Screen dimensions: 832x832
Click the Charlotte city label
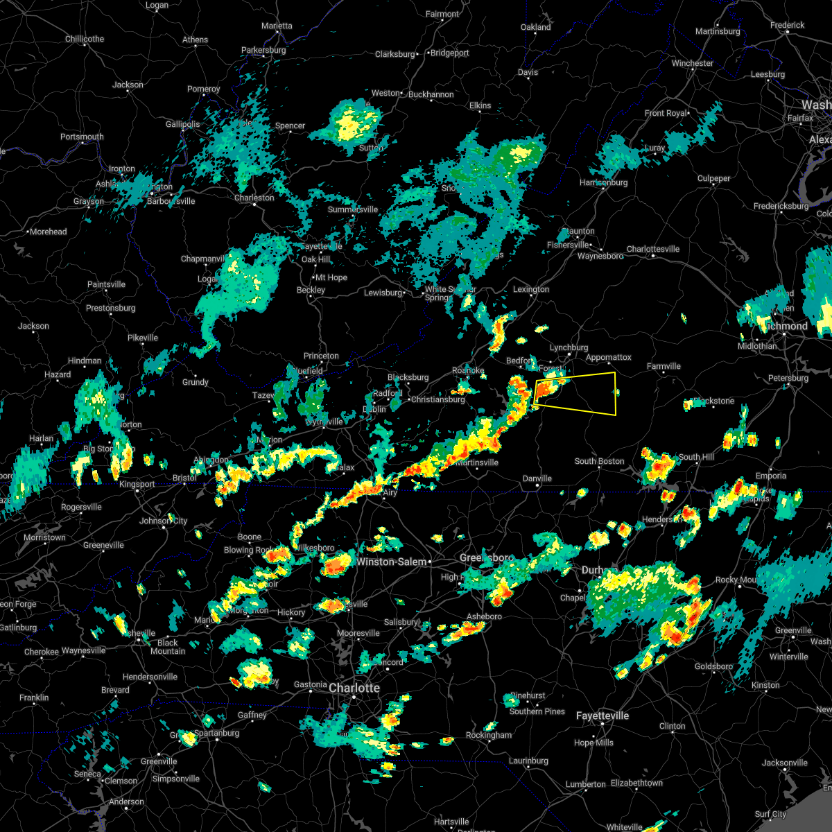(354, 688)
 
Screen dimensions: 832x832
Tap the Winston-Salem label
(392, 562)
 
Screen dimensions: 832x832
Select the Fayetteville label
(602, 716)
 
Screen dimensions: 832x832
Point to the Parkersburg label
(263, 51)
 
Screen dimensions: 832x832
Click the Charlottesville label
(653, 249)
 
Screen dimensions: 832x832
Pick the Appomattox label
(609, 358)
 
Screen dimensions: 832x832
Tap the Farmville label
(664, 366)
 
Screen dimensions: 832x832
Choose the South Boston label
(599, 461)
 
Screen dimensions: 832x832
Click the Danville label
(537, 478)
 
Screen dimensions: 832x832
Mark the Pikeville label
(143, 338)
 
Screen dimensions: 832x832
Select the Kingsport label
(137, 484)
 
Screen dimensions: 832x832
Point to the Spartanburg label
(216, 733)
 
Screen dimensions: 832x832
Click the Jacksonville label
(784, 763)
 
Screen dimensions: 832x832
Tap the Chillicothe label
(85, 39)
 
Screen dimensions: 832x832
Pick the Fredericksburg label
(781, 206)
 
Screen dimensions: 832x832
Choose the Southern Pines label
(537, 711)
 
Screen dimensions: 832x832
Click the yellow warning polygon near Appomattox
(582, 394)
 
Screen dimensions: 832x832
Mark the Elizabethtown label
(636, 783)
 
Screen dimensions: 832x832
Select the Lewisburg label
(383, 293)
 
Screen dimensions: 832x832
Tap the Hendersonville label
(150, 677)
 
